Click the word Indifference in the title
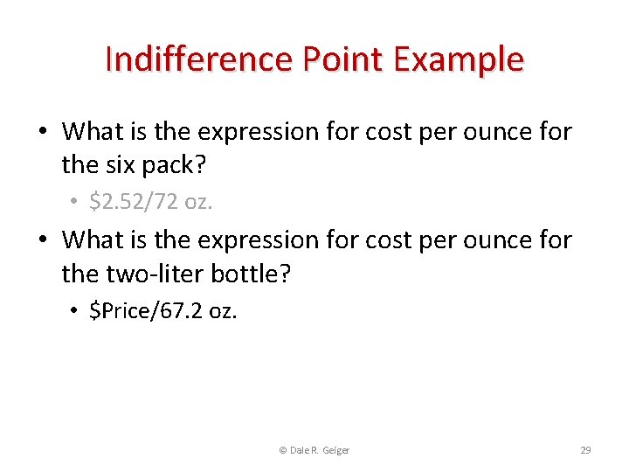pyautogui.click(x=197, y=59)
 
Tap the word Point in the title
pyautogui.click(x=342, y=59)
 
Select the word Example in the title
pyautogui.click(x=459, y=59)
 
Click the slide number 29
pyautogui.click(x=585, y=450)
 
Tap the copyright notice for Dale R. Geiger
pyautogui.click(x=314, y=450)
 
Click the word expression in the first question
pyautogui.click(x=260, y=132)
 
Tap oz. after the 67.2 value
pyautogui.click(x=223, y=311)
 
